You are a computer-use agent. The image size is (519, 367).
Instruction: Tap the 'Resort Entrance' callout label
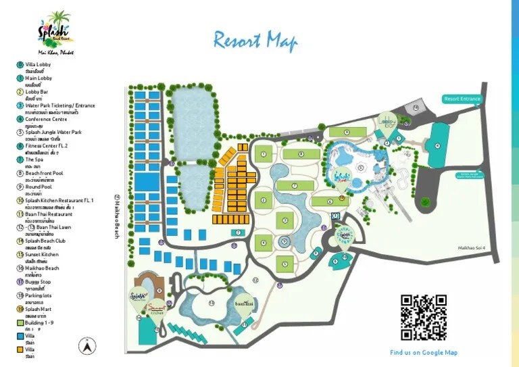point(462,99)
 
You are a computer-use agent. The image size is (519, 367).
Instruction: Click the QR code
point(424,317)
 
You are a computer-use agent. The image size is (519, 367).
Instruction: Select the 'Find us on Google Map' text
point(424,352)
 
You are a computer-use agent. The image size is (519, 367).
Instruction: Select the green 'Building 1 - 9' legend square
point(20,323)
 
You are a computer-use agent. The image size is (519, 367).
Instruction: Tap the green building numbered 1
point(264,154)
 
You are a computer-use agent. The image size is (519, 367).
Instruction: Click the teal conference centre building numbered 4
point(437,145)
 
